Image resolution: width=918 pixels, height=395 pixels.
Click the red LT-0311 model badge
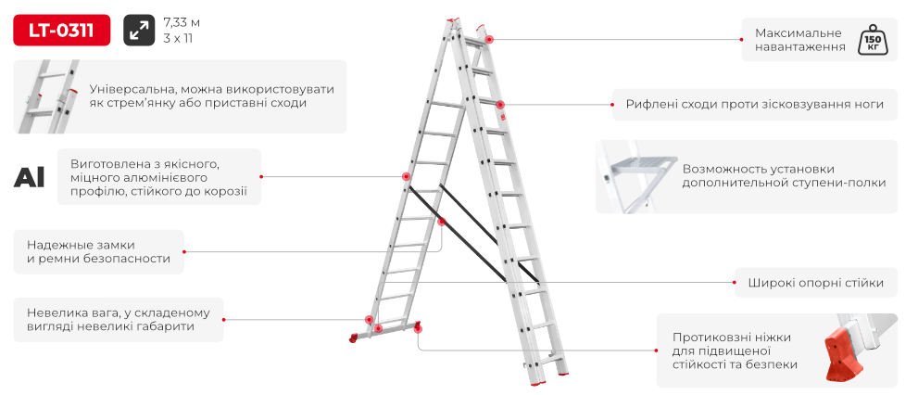61,30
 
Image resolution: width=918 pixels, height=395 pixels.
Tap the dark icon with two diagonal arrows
139,30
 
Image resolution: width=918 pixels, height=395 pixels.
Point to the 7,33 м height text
182,23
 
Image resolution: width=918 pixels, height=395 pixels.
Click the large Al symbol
30,176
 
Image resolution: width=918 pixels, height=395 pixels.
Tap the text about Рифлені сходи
755,105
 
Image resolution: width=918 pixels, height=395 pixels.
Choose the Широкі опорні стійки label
815,283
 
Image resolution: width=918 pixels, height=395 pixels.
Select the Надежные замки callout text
98,251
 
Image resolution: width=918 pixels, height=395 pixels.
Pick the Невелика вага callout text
119,319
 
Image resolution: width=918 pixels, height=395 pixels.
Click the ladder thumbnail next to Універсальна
48,96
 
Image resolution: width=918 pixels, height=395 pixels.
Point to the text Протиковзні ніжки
732,338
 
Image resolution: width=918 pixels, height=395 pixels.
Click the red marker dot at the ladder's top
489,39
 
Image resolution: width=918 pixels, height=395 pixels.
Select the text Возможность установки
758,169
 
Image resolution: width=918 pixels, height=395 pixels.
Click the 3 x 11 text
178,39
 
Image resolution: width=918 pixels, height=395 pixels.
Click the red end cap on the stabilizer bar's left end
354,338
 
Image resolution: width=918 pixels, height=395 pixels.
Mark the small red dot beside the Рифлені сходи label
612,105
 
